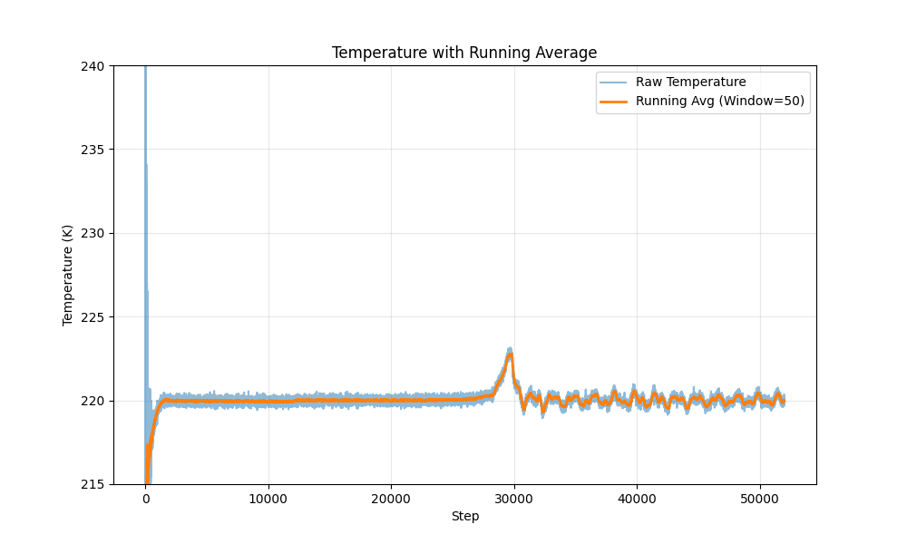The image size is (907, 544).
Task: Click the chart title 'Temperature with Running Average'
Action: [464, 53]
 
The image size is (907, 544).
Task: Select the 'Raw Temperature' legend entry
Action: [690, 83]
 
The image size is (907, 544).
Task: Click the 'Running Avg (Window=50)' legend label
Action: [720, 101]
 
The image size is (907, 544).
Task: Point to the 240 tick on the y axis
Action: [93, 65]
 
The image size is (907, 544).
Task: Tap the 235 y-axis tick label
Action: [93, 150]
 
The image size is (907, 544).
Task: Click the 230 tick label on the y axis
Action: [93, 233]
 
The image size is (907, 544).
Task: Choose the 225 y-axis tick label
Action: [93, 317]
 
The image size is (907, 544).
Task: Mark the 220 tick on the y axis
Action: [93, 401]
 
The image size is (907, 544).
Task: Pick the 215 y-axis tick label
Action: [93, 484]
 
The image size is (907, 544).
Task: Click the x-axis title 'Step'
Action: [464, 517]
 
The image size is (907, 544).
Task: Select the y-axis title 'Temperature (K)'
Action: [68, 275]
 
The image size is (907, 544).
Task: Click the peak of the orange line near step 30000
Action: [511, 355]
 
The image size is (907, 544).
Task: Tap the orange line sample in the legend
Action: [613, 101]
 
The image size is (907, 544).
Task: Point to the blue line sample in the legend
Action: [613, 83]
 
